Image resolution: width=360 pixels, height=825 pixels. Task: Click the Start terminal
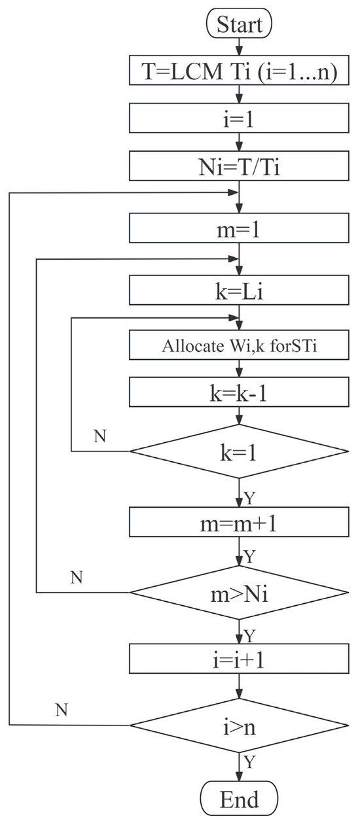[x=240, y=25]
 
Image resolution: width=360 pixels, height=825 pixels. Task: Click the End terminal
[x=240, y=799]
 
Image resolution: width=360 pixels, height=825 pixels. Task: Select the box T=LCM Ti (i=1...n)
[x=240, y=73]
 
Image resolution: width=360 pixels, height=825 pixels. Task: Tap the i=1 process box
[x=240, y=120]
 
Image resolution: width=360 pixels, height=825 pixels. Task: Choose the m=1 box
[x=240, y=228]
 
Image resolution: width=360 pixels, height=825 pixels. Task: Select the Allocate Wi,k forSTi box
[x=240, y=346]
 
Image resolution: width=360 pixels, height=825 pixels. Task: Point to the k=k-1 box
[x=240, y=394]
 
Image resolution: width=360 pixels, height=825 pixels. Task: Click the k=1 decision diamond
[x=240, y=452]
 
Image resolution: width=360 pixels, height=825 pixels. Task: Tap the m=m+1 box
[x=240, y=523]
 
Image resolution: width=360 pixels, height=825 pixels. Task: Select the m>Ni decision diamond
[x=240, y=593]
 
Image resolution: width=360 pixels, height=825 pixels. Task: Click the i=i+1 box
[x=240, y=659]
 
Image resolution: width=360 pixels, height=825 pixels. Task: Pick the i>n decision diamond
[x=240, y=726]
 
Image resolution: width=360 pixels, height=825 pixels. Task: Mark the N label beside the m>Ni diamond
[x=77, y=577]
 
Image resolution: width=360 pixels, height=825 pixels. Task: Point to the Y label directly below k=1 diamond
[x=250, y=498]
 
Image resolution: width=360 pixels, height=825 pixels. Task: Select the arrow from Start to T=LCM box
[x=240, y=47]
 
